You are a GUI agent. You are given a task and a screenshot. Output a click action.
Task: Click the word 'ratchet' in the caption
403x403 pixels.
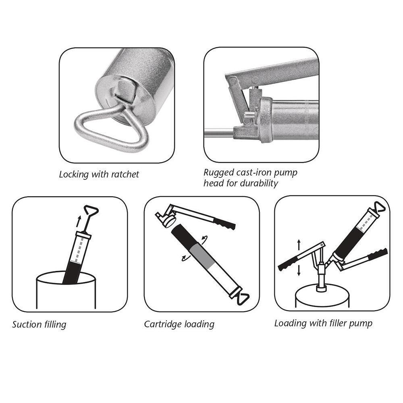click(126, 174)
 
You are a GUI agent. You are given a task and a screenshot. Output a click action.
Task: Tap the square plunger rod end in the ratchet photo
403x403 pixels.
click(125, 90)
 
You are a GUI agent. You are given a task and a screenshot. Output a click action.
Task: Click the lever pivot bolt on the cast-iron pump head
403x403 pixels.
click(233, 82)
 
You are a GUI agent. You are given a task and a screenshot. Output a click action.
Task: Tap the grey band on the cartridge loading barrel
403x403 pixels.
click(201, 254)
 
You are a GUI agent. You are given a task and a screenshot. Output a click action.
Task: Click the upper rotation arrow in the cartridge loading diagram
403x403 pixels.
click(205, 239)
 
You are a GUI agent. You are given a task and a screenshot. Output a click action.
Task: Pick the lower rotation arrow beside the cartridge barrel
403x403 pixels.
click(185, 258)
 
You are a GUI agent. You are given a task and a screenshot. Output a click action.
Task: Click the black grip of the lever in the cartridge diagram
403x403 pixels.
click(224, 224)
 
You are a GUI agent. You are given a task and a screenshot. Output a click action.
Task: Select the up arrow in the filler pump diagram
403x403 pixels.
click(299, 245)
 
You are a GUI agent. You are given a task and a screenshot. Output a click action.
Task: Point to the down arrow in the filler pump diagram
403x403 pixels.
click(299, 270)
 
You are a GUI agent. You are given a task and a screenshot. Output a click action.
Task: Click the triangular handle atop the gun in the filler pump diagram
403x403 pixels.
click(380, 207)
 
